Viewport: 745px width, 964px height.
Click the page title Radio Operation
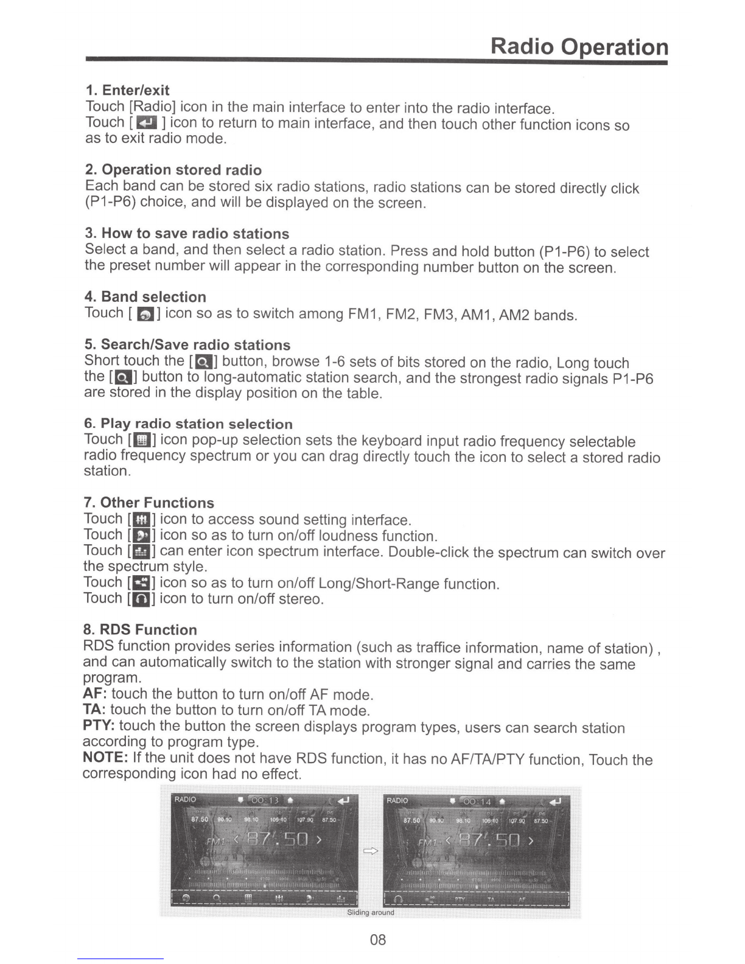[x=579, y=47]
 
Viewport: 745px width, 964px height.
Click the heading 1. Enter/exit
[x=127, y=90]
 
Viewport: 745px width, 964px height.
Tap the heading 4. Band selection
[x=145, y=296]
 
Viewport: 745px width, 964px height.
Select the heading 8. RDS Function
[x=140, y=629]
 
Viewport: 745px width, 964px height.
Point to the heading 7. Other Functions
[x=149, y=502]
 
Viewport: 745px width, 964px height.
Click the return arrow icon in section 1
[x=148, y=124]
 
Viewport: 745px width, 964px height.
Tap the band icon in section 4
[x=146, y=314]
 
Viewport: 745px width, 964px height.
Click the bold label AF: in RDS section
[x=94, y=694]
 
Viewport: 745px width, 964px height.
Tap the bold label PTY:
[x=99, y=725]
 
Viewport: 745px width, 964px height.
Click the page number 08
[x=378, y=940]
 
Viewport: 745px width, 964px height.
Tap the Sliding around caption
[x=370, y=912]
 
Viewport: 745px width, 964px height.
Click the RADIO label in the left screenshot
[x=186, y=799]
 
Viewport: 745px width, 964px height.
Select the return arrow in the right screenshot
[x=555, y=801]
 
